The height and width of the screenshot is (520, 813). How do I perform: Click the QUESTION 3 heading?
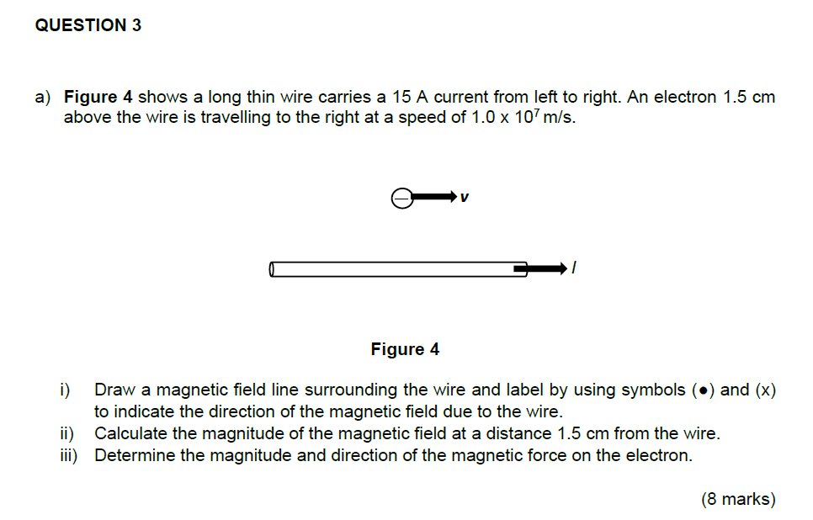(x=88, y=25)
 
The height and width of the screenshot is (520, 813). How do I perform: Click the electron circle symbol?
(x=402, y=198)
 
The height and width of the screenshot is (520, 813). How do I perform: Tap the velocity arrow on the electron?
(x=434, y=197)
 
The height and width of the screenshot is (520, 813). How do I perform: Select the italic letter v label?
(x=465, y=198)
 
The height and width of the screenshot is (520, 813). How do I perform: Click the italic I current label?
(x=573, y=268)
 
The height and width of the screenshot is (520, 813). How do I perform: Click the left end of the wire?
(x=273, y=269)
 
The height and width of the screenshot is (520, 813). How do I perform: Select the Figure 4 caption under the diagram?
(x=405, y=348)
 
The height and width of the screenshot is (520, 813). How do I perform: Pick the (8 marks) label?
(x=738, y=499)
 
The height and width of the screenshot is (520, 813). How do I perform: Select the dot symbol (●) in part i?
(x=702, y=390)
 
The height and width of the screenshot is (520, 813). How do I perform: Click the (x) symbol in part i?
(x=764, y=390)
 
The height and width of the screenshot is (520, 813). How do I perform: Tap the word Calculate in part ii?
(x=130, y=434)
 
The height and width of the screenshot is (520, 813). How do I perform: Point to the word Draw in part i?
(x=112, y=390)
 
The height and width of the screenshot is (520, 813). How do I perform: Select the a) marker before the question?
(x=43, y=97)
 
